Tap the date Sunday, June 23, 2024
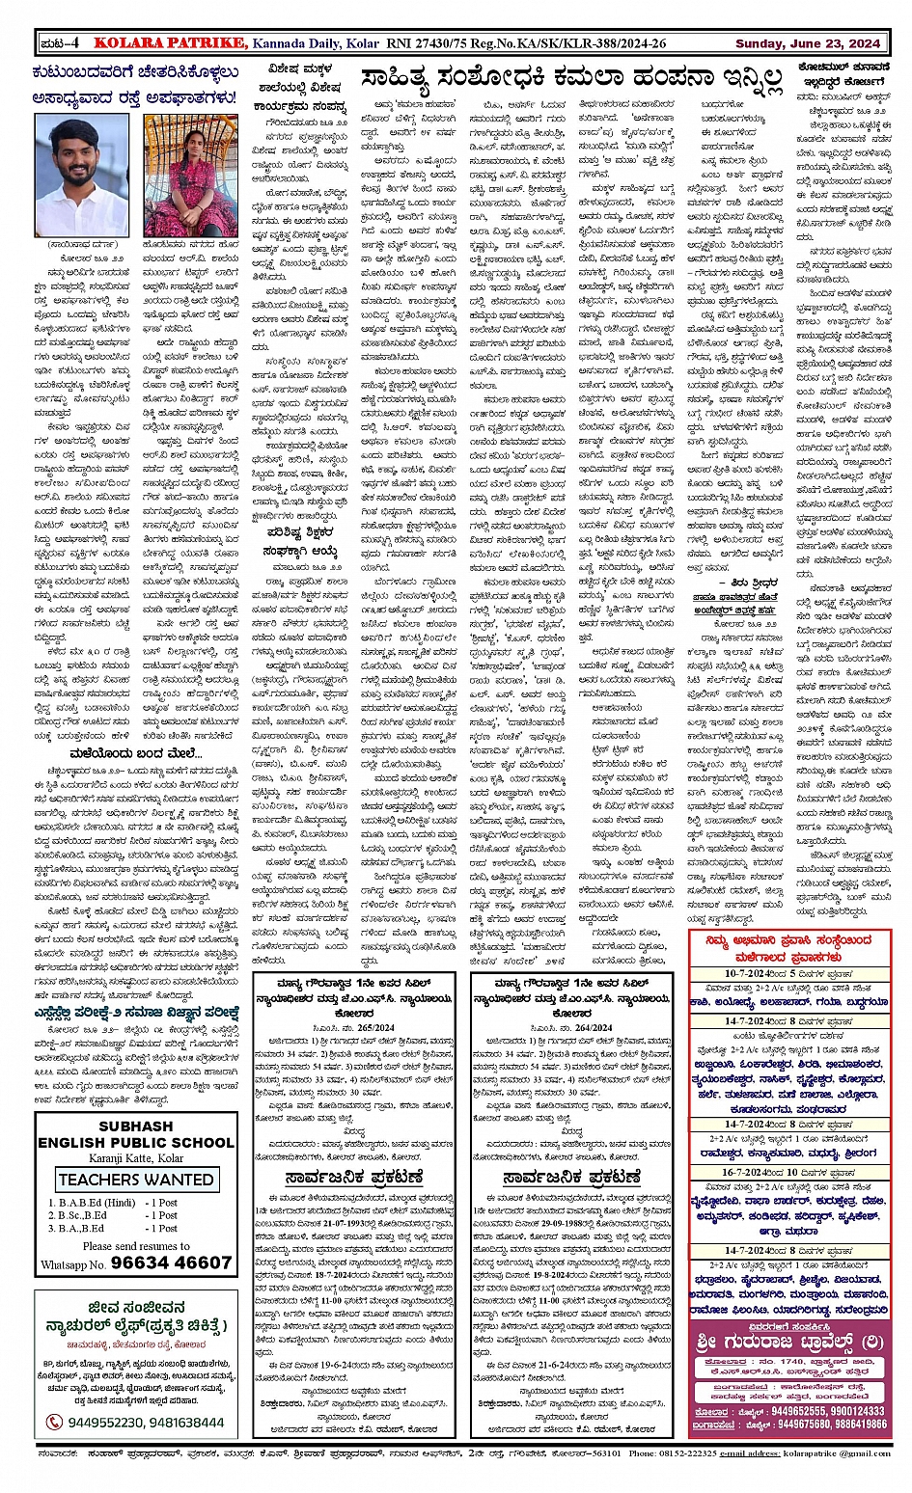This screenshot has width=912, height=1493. point(807,43)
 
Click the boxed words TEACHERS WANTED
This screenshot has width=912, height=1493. point(136,1180)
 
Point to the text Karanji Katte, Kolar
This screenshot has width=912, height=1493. point(136,1158)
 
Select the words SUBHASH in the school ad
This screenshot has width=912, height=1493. point(136,1126)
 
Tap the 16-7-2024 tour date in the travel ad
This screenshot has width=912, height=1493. point(754,1173)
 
